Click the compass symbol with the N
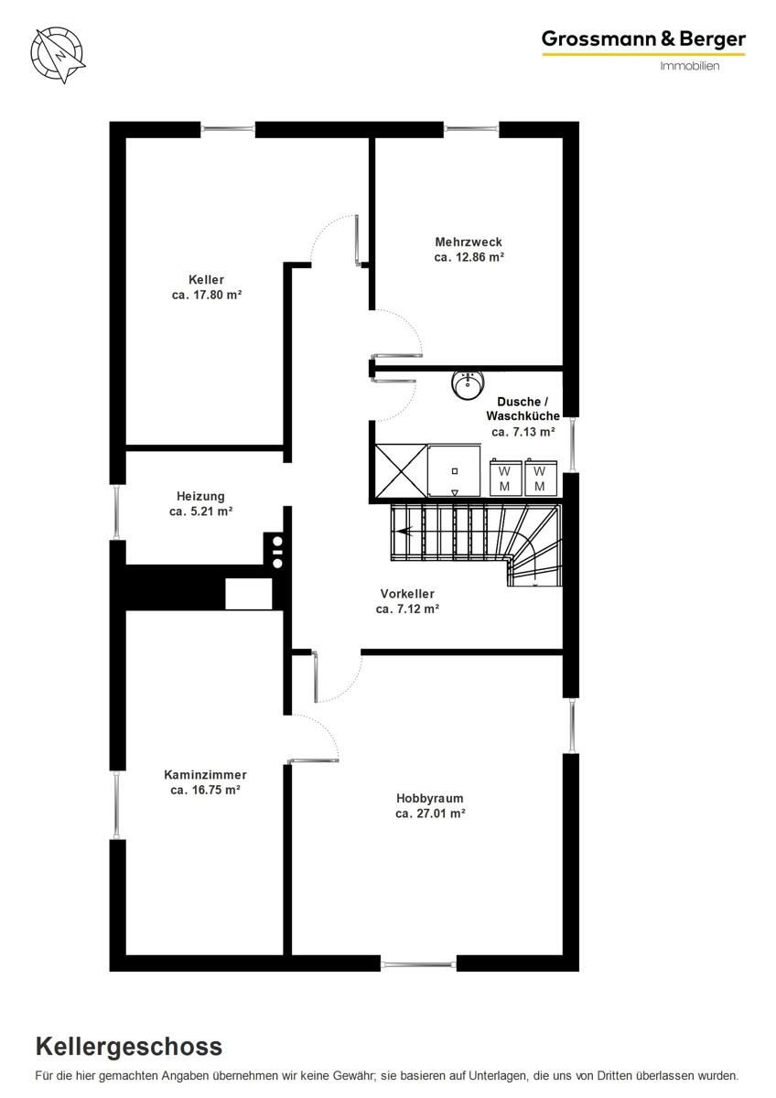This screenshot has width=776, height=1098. (x=58, y=54)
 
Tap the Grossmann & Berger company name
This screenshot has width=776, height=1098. (x=643, y=39)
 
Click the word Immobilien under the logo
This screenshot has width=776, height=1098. (x=690, y=66)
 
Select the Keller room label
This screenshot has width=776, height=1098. (x=207, y=280)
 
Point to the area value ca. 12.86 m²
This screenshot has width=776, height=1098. (x=469, y=257)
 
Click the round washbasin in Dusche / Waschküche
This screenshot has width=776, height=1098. (x=468, y=385)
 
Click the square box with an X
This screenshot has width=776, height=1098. (x=401, y=471)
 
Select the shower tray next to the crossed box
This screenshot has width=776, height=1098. (x=454, y=471)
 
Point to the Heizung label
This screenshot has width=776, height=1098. (x=200, y=496)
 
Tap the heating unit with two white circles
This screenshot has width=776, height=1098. (x=276, y=550)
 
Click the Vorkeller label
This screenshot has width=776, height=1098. (x=407, y=594)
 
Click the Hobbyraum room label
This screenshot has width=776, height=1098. (x=430, y=799)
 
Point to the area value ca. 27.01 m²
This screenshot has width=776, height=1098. (x=430, y=813)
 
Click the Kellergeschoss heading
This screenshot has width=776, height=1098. (x=129, y=1047)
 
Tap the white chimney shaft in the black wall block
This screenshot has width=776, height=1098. (x=249, y=594)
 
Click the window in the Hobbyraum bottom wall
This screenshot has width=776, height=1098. (x=418, y=965)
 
